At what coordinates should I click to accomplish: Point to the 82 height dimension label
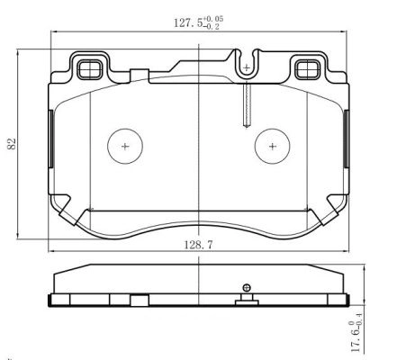click(x=12, y=145)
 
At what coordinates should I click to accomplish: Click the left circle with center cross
click(x=124, y=145)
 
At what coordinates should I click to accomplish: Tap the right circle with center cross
click(x=271, y=145)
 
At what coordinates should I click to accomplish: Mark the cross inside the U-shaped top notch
click(x=246, y=67)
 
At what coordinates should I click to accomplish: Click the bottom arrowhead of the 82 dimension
click(x=20, y=240)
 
